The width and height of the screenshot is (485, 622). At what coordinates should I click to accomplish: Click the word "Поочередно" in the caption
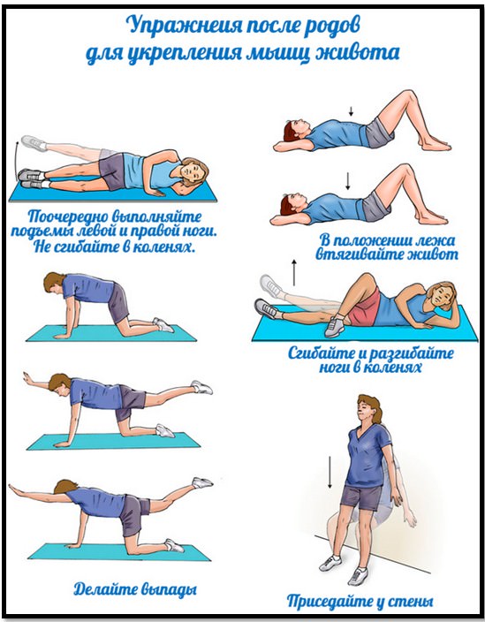pos(69,216)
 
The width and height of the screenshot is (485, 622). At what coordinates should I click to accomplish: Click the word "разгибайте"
pos(412,353)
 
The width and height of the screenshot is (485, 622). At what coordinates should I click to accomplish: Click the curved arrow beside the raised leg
pos(16,159)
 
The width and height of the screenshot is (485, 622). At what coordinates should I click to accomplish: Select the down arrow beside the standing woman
pos(330,473)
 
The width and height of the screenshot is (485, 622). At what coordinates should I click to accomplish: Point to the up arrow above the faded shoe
pos(294,272)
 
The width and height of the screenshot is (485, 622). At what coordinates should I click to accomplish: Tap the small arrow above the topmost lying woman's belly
pos(351,110)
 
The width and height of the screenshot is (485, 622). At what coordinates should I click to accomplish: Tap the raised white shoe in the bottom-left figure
pos(202,482)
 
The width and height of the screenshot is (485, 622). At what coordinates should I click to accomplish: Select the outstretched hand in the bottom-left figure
pos(15,488)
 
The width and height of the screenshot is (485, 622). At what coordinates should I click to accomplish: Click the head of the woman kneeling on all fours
pos(54,284)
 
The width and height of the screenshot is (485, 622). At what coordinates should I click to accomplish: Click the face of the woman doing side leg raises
pos(193,173)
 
